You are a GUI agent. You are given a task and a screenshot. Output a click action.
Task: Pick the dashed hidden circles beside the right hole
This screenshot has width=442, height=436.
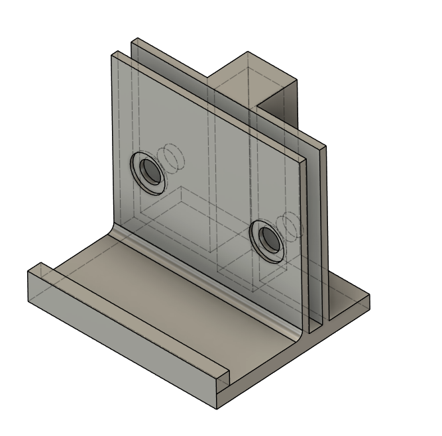click(x=289, y=225)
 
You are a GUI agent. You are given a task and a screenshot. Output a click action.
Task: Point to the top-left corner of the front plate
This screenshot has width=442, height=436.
click(x=111, y=54)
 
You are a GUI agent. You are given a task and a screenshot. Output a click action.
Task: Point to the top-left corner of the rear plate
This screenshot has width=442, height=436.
click(x=133, y=39)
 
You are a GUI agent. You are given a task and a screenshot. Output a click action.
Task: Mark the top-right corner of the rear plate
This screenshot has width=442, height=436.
click(x=325, y=146)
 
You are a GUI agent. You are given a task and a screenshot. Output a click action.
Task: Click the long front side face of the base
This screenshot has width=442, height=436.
click(x=119, y=331)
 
